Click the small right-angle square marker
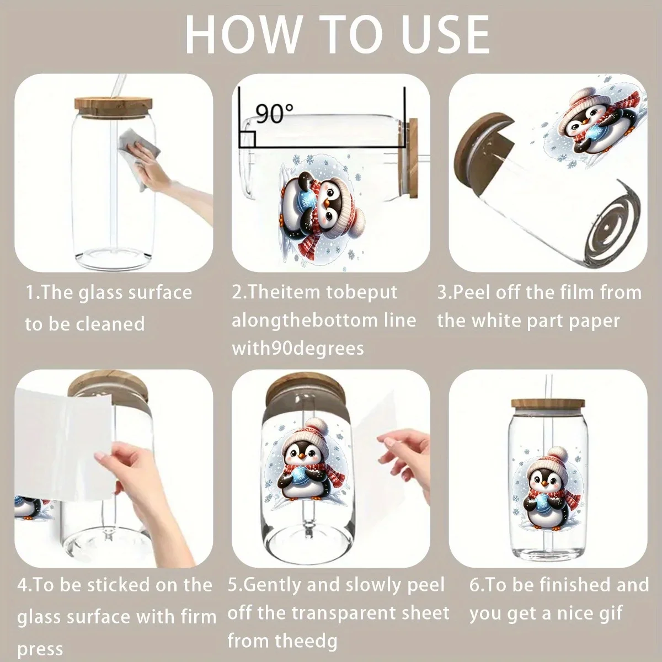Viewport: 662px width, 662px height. pos(247,140)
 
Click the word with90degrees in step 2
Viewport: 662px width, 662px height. pos(298,348)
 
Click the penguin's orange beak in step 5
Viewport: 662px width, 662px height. pos(302,456)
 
